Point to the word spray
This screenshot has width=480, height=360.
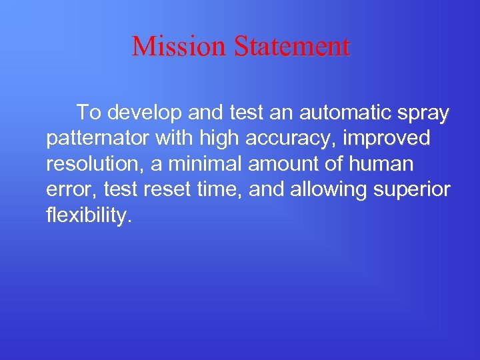point(426,114)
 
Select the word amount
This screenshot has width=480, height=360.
point(274,164)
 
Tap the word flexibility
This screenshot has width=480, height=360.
point(85,216)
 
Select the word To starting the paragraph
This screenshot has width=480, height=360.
point(89,113)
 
